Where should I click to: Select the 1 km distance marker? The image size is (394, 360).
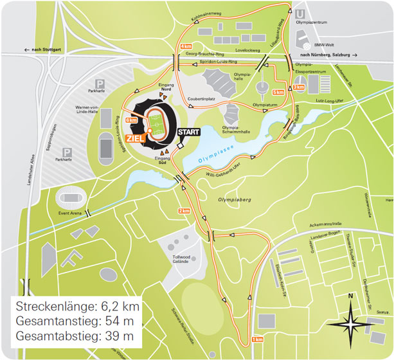pos(257,339)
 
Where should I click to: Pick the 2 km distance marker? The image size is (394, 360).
pos(184,211)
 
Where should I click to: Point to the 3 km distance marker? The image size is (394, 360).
pos(298,87)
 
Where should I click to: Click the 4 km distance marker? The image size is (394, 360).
pos(186,47)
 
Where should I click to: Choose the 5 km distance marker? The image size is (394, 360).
pos(278,91)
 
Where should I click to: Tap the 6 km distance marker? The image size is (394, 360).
pos(132,120)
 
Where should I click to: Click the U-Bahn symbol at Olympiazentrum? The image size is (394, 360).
pos(300,14)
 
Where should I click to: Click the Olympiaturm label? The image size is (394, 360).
pos(264,104)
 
